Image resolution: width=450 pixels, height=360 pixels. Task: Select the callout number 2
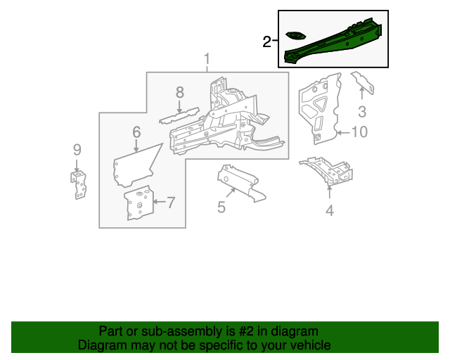pyautogui.click(x=267, y=43)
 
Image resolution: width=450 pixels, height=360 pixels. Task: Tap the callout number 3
pyautogui.click(x=362, y=111)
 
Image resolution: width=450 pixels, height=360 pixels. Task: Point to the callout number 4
pyautogui.click(x=329, y=209)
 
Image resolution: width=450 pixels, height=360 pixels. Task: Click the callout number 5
pyautogui.click(x=221, y=207)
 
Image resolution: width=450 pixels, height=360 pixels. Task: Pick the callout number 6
pyautogui.click(x=136, y=131)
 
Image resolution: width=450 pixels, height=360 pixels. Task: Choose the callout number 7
pyautogui.click(x=170, y=203)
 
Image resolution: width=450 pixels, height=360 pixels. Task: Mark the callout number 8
pyautogui.click(x=179, y=92)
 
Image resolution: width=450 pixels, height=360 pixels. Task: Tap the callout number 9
pyautogui.click(x=77, y=149)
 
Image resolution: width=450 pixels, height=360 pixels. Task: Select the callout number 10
pyautogui.click(x=359, y=131)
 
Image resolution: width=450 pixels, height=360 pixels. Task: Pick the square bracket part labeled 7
pyautogui.click(x=139, y=204)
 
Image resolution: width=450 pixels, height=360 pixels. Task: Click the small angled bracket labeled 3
pyautogui.click(x=362, y=82)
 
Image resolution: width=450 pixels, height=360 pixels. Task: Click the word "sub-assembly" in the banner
pyautogui.click(x=176, y=331)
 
